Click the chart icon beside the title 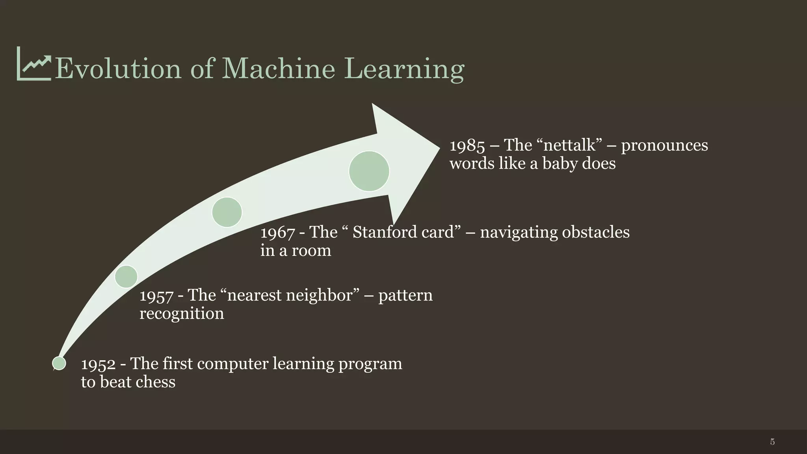[x=34, y=64]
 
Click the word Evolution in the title [x=118, y=69]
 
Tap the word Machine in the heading [x=278, y=69]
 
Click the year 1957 [x=156, y=296]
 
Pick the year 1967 [x=277, y=233]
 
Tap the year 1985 [x=467, y=146]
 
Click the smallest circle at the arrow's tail [x=59, y=363]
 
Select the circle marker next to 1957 [x=126, y=276]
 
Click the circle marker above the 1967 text [x=227, y=212]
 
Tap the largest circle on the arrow [x=369, y=171]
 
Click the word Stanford [x=384, y=232]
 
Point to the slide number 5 [x=772, y=442]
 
